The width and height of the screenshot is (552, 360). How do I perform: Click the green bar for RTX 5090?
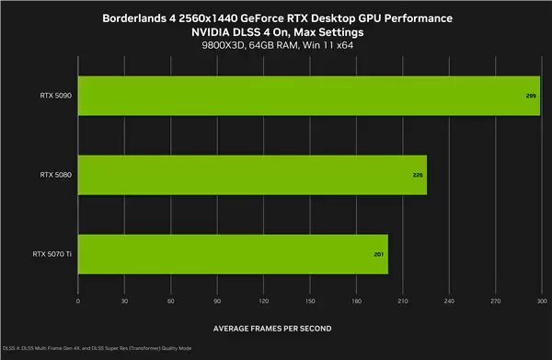point(308,95)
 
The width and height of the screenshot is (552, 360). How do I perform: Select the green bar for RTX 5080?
point(252,174)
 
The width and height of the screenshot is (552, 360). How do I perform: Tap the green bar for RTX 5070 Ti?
point(233,253)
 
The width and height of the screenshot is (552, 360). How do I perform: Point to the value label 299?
point(532,95)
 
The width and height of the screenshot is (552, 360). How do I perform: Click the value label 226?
point(419,174)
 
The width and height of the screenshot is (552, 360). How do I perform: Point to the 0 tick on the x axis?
point(78,301)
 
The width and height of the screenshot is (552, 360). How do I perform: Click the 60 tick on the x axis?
point(171,301)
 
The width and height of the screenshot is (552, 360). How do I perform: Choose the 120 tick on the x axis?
point(263,301)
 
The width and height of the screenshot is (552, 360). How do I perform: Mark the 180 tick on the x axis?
point(356,301)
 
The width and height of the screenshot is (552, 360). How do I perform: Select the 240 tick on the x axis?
point(449,301)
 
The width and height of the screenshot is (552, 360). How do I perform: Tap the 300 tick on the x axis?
point(541,301)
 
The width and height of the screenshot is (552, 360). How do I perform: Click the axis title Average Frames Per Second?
point(272,329)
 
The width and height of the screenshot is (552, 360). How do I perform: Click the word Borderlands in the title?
point(144,18)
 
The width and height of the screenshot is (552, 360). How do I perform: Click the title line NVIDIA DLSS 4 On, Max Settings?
point(276,32)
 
